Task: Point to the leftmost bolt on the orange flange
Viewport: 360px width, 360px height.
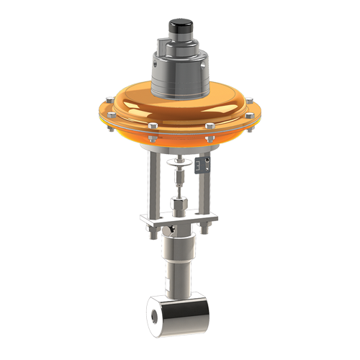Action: coord(101,112)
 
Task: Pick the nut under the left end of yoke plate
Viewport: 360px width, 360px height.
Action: coord(152,231)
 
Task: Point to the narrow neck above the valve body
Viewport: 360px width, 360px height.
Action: coord(178,281)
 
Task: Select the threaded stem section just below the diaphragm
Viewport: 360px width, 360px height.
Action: coord(178,161)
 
